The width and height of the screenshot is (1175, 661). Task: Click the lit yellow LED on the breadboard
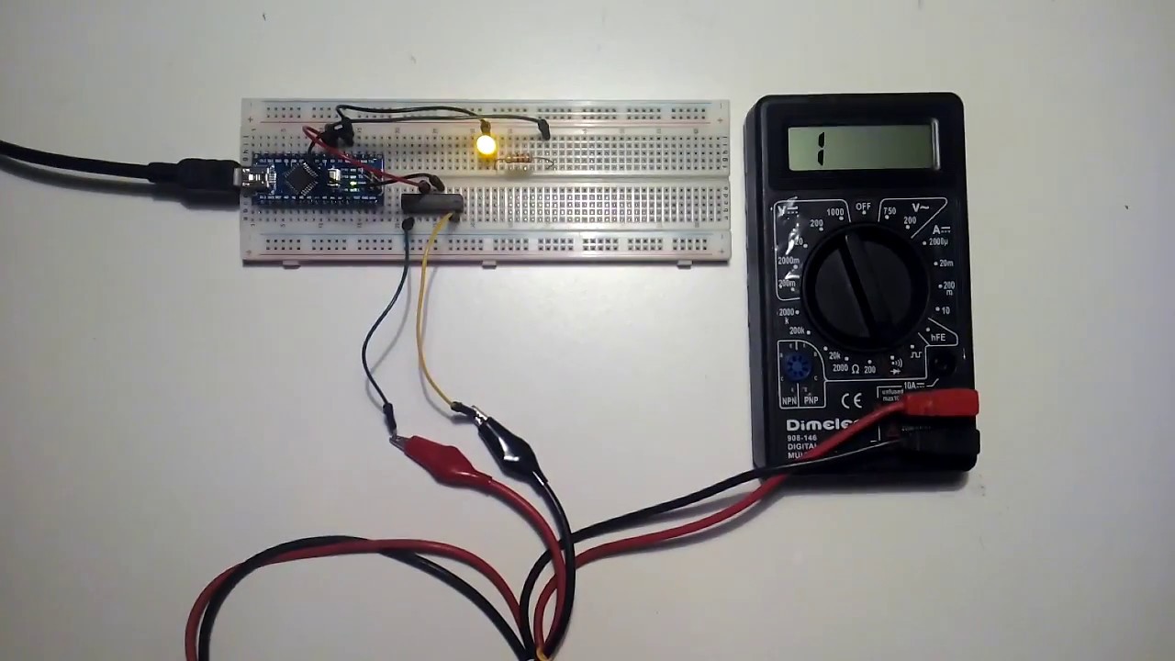coord(486,145)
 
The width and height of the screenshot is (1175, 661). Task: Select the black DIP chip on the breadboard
coord(432,203)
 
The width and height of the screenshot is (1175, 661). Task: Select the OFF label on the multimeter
coord(863,207)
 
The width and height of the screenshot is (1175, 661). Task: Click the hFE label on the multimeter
coord(938,338)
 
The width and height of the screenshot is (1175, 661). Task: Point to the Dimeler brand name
coord(822,425)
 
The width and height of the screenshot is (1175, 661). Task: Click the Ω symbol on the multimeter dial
coord(854,369)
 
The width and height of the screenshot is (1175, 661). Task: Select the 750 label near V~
coord(889,211)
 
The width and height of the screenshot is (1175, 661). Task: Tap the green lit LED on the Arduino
coord(353,185)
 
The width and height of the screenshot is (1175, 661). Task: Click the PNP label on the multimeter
coord(811,400)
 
